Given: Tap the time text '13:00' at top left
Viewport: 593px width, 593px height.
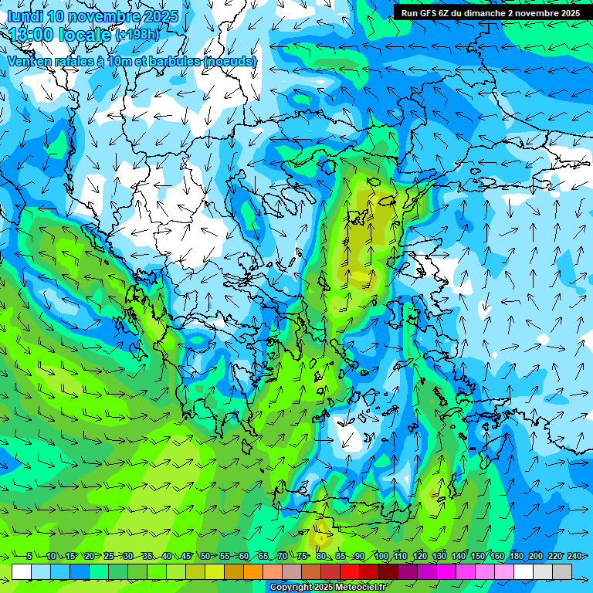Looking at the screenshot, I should pos(32,35).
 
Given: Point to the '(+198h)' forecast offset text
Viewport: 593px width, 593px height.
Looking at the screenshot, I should pos(137,35).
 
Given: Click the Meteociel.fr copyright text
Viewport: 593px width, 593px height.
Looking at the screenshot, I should pos(328,588).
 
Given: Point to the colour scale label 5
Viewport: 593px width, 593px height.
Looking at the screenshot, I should pos(29,556).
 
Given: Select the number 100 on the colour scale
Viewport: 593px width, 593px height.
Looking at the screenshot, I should pos(381,556).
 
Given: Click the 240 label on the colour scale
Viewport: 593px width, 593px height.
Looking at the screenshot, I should pos(574,556).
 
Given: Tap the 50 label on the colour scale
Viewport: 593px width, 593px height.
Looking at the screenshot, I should pos(205,556).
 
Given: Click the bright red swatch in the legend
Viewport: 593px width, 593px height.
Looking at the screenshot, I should pos(350,571).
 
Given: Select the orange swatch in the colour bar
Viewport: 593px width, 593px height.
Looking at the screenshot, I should pos(253,571).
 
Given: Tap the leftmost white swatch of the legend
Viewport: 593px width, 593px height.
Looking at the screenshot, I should pos(22,571).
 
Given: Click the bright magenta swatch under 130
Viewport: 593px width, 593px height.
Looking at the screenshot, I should pos(446,571).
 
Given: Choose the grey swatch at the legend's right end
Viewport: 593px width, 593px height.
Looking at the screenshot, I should pos(562,571).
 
